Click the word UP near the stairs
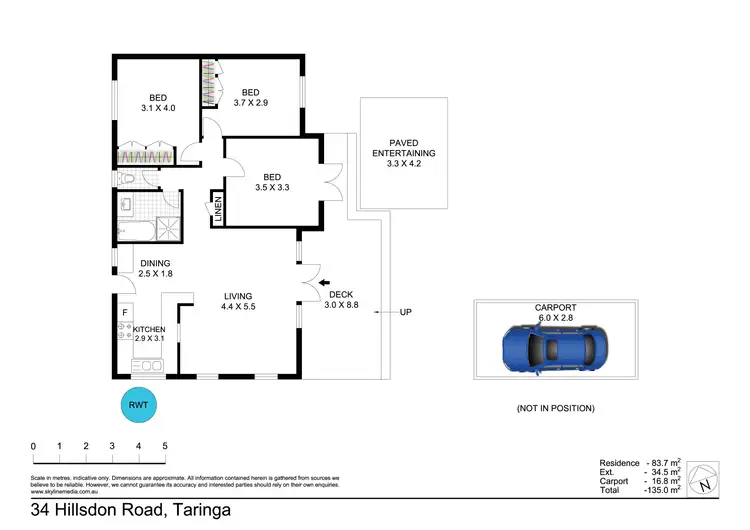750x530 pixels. tap(406, 313)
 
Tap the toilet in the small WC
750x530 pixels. tap(126, 179)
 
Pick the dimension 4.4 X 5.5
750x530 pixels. tap(238, 307)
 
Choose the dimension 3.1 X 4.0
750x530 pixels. tap(156, 108)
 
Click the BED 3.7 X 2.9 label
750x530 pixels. tap(250, 99)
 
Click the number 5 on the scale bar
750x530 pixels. tap(165, 446)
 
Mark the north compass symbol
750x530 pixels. tap(707, 479)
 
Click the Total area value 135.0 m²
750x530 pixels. tap(663, 491)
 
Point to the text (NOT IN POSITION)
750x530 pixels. tap(555, 408)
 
